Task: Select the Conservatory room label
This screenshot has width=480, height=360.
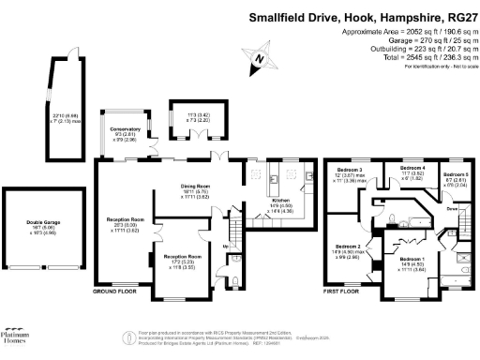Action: tap(125, 128)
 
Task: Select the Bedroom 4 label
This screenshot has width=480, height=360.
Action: tap(412, 168)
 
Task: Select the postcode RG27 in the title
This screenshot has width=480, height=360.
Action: tap(458, 16)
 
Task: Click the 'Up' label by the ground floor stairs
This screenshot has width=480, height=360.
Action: tap(226, 247)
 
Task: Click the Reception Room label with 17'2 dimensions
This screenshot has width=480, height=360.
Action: tap(182, 256)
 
